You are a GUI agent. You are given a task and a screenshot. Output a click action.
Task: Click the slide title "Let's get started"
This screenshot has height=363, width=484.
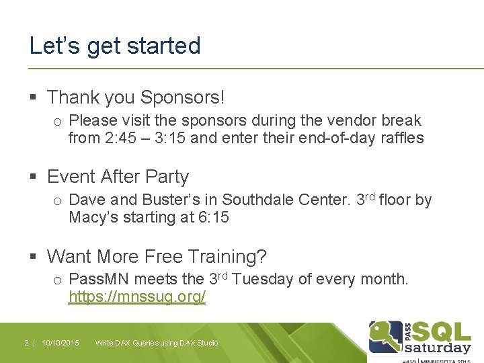[x=115, y=46]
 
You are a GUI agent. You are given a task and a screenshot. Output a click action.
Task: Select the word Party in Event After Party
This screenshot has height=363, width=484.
[x=167, y=177]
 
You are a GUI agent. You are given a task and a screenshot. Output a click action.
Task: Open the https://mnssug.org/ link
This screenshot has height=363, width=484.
[x=137, y=296]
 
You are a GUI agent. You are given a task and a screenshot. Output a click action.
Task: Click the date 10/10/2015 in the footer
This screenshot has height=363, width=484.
[x=60, y=343]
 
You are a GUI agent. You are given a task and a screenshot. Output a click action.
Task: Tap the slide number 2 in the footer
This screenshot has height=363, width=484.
[x=26, y=343]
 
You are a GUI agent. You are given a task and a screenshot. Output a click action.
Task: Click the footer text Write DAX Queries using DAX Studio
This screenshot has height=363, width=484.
[x=157, y=343]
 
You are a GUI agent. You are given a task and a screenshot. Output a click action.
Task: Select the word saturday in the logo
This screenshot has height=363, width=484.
[x=437, y=348]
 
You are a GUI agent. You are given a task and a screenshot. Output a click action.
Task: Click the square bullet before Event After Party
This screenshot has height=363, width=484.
[x=34, y=177]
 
